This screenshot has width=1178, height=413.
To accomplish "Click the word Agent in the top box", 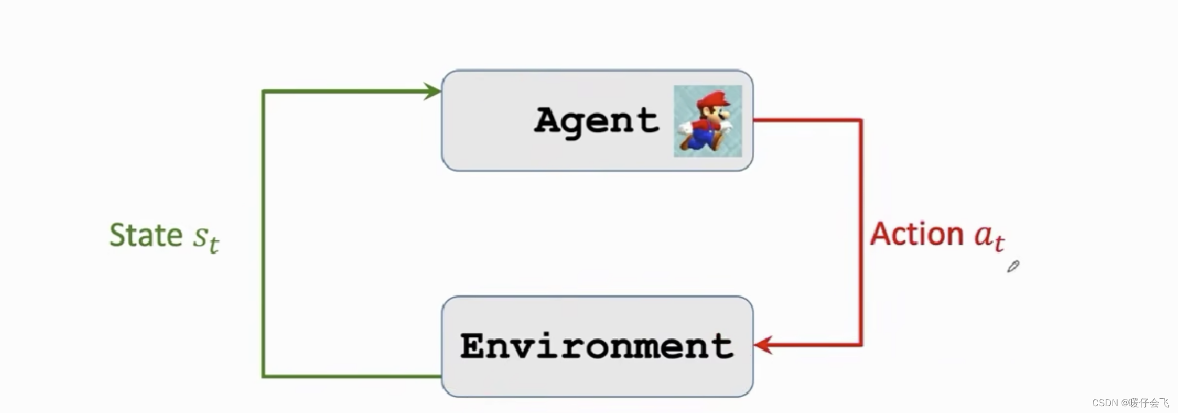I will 596,121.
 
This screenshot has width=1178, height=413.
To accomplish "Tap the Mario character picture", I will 707,121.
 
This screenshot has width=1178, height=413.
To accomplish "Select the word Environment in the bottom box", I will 596,346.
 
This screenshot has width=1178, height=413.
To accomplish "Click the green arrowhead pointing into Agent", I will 433,91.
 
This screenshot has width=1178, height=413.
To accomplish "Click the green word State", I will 145,235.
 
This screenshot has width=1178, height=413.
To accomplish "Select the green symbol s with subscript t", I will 206,238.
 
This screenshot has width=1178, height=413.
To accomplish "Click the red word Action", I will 916,234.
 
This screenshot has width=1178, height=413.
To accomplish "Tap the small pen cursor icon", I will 1013,266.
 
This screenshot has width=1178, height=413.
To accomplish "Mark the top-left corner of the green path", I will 264,91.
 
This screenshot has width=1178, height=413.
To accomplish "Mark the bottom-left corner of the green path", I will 264,376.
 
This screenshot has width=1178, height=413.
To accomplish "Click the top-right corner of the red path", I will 861,120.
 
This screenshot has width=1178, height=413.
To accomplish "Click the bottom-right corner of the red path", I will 861,344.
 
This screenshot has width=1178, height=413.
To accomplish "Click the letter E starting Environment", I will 472,346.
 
